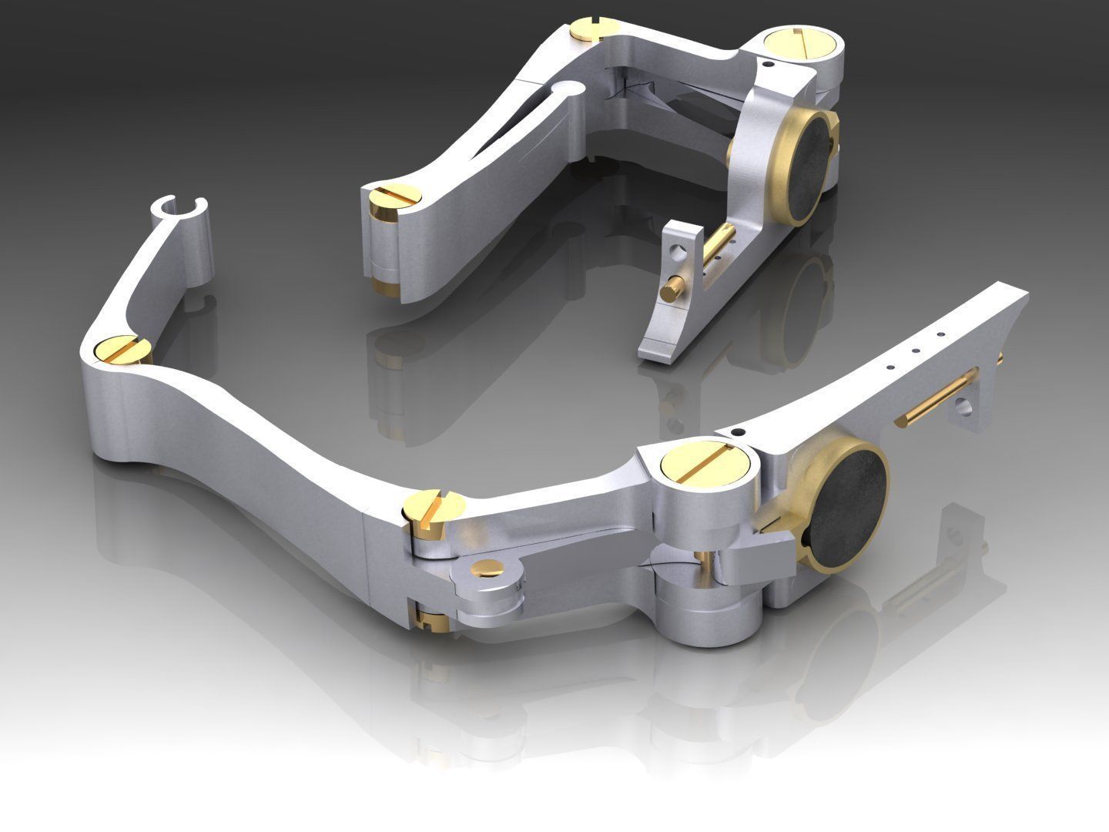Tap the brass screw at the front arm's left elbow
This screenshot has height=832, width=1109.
pos(122,349)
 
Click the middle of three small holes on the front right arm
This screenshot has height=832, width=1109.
pos(914,350)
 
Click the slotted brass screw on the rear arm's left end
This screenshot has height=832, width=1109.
pos(394,196)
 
